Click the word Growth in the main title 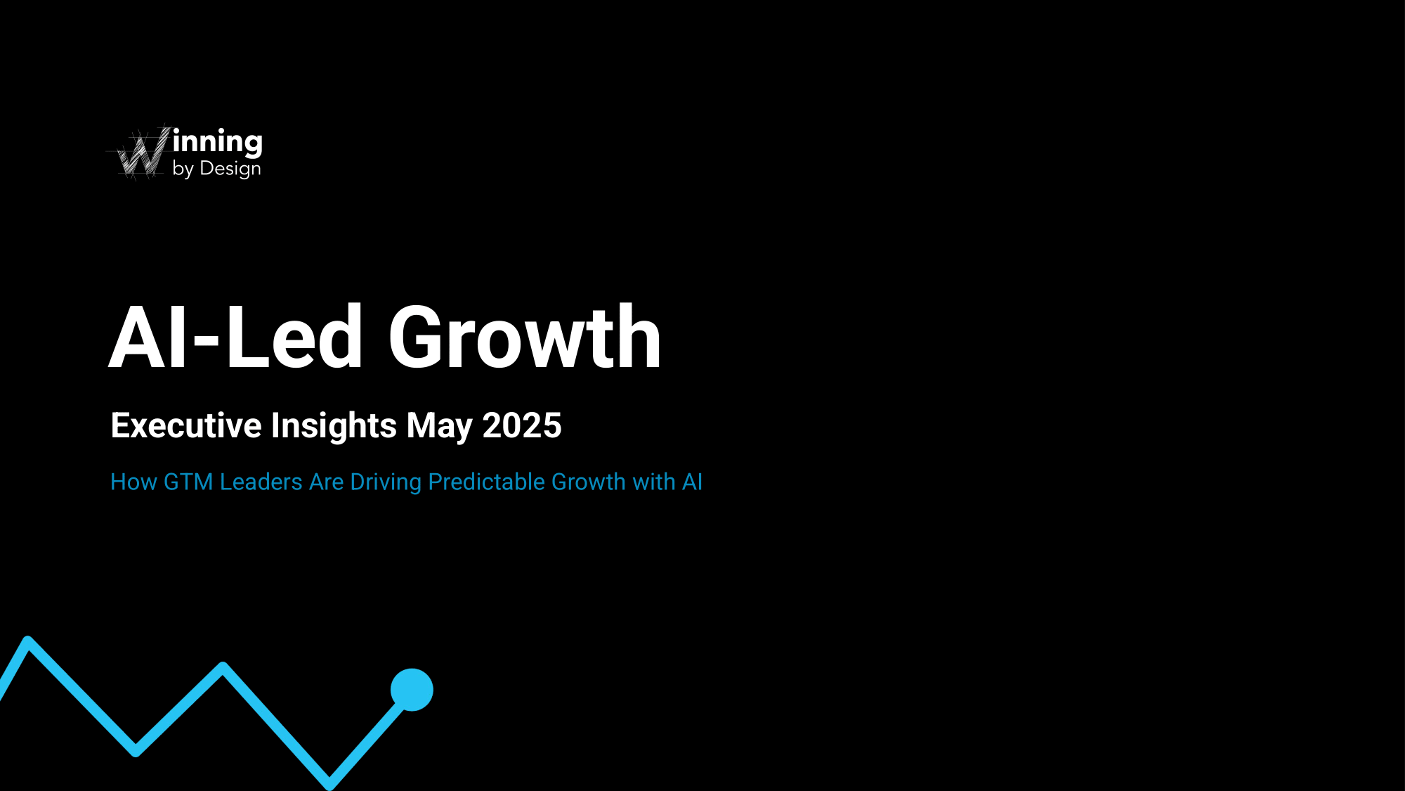(525, 337)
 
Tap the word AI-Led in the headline (235, 337)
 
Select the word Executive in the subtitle (186, 425)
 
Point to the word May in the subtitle (440, 427)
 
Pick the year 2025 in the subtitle (522, 425)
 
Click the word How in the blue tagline (133, 482)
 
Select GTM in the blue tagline (188, 482)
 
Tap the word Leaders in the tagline (261, 482)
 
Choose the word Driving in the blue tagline (386, 483)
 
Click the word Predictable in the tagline (487, 482)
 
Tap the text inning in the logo (218, 143)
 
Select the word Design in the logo (230, 169)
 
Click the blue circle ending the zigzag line (412, 690)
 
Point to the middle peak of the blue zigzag (223, 667)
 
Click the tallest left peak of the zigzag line (27, 641)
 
